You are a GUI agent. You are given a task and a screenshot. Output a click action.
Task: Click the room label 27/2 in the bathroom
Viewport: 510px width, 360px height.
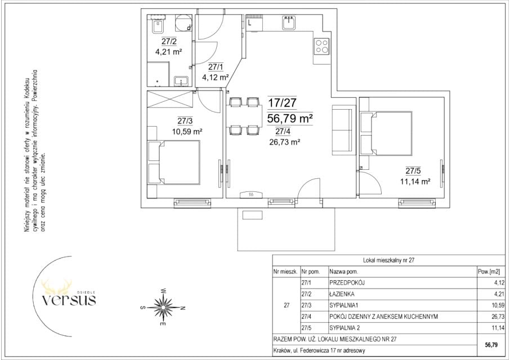tap(169, 41)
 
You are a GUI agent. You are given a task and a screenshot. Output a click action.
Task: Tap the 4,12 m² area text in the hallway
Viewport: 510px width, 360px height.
tap(216, 77)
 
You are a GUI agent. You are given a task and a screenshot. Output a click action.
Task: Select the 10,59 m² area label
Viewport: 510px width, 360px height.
tap(187, 132)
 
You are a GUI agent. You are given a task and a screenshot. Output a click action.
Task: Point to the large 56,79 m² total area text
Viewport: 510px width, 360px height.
tap(290, 119)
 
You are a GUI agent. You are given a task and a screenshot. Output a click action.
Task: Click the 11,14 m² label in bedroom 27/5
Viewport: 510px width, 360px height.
tap(415, 182)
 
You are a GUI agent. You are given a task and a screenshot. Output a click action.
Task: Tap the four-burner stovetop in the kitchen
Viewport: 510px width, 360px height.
tap(321, 46)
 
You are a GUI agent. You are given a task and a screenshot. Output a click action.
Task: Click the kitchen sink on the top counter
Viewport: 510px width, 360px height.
tap(289, 22)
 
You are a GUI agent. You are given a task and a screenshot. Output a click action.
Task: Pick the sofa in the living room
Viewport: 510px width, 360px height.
tap(342, 128)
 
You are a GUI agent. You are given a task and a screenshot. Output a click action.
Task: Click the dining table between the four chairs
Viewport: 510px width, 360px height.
tap(245, 116)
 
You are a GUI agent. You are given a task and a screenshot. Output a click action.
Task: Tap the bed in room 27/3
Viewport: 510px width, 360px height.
tap(174, 163)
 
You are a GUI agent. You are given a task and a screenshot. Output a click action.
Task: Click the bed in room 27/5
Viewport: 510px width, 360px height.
tap(386, 133)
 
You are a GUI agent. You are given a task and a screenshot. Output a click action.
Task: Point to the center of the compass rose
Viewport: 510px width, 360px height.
tap(163, 307)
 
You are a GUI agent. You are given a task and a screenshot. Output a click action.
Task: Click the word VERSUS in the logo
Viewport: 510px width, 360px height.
tap(69, 300)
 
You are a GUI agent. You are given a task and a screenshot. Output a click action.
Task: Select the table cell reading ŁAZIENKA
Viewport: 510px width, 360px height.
tap(342, 294)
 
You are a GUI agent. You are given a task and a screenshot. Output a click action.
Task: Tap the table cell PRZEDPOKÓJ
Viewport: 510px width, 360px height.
tap(347, 283)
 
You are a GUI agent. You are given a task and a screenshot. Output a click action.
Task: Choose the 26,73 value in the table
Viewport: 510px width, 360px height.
tap(498, 317)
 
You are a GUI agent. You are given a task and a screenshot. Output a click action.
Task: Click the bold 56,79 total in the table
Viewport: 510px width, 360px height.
tap(491, 345)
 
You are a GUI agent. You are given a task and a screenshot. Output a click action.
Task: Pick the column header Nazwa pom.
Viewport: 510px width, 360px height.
tap(343, 272)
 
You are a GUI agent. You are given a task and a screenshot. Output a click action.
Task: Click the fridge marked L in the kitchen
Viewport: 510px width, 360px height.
tap(254, 22)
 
